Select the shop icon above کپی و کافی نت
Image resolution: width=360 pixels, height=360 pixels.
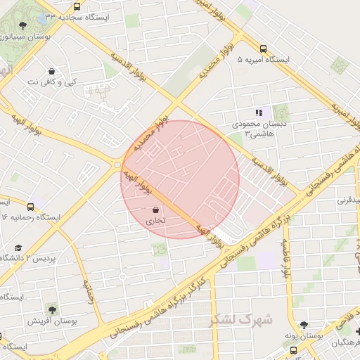tap(51, 71)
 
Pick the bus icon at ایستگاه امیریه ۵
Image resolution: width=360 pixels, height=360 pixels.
tap(263, 49)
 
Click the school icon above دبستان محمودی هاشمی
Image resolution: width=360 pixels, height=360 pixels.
tap(259, 112)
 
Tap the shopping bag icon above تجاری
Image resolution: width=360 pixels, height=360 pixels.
tap(155, 209)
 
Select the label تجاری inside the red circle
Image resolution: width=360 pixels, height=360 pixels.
tap(155, 221)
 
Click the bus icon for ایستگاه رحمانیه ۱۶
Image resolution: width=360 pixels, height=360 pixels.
tap(31, 206)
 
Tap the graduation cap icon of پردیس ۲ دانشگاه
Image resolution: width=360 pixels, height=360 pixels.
tap(18, 247)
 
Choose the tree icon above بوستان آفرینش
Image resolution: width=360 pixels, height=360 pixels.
tap(51, 308)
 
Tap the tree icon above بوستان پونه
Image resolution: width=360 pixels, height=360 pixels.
tap(304, 325)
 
